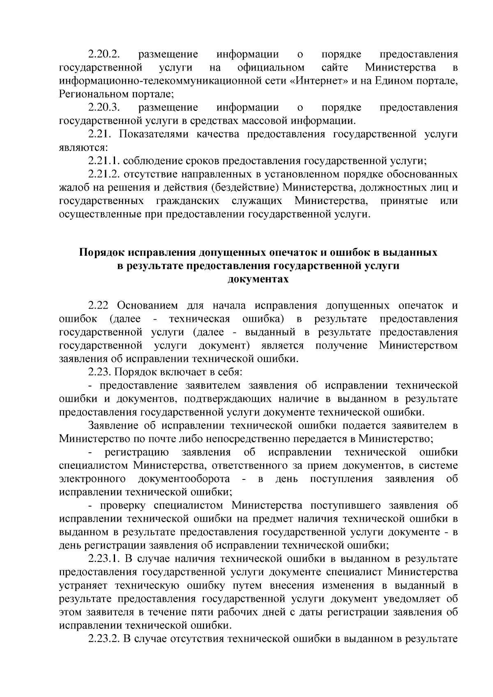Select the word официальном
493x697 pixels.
pyautogui.click(x=271, y=67)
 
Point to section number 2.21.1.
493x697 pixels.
pyautogui.click(x=104, y=161)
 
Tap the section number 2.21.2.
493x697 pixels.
pyautogui.click(x=104, y=174)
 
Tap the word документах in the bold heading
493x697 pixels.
pyautogui.click(x=258, y=280)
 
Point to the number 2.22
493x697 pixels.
pyautogui.click(x=99, y=306)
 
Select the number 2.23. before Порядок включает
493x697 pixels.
pyautogui.click(x=99, y=372)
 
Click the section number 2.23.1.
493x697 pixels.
pyautogui.click(x=104, y=559)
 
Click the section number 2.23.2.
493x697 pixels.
pyautogui.click(x=104, y=639)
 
